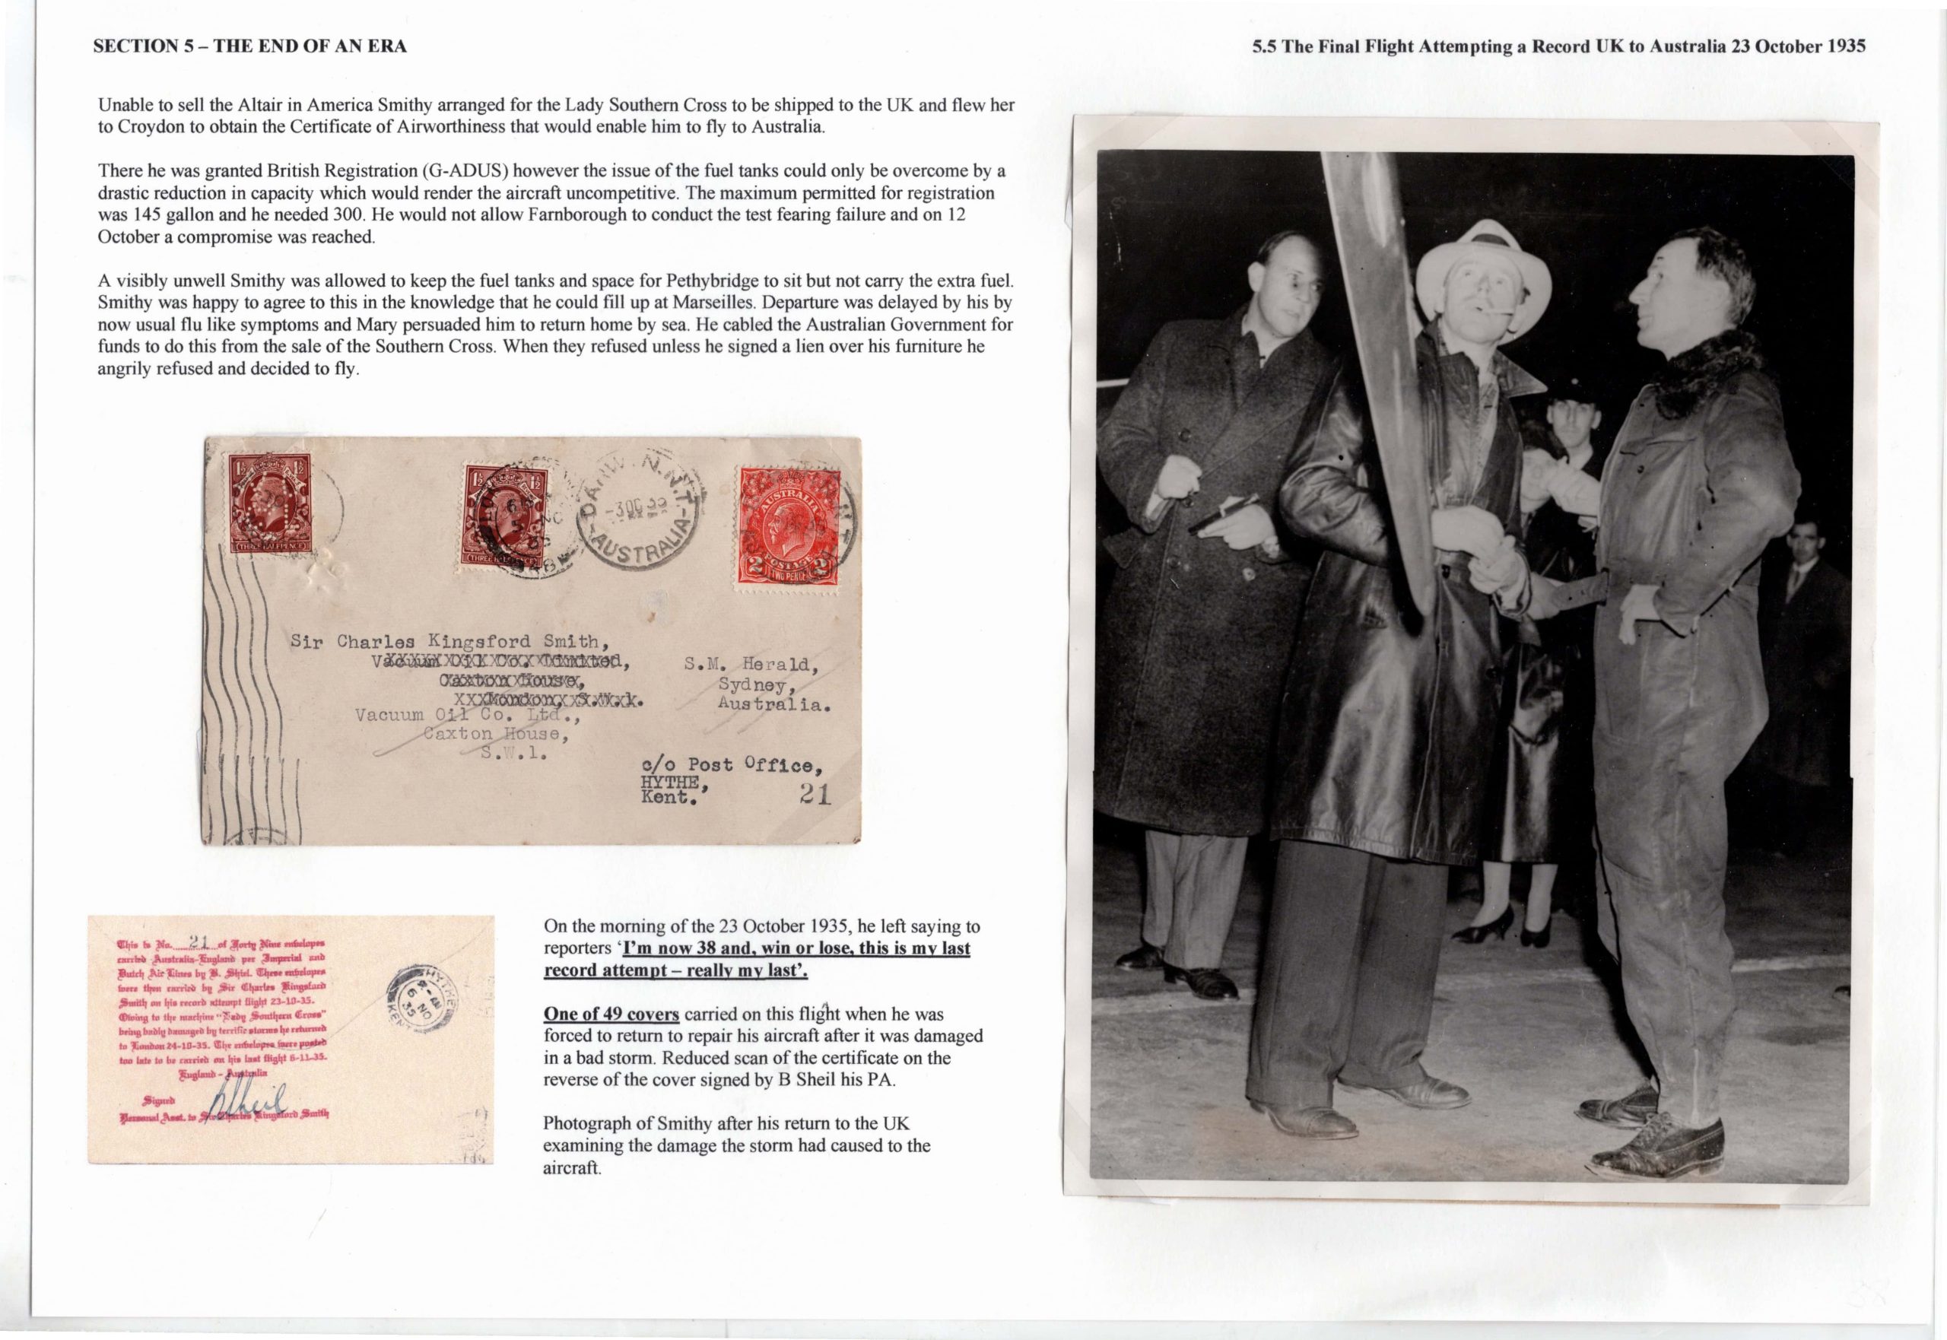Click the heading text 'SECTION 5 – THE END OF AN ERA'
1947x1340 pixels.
point(249,47)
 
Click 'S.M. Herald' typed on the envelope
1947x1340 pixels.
point(746,665)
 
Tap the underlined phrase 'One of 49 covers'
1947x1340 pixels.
point(611,1015)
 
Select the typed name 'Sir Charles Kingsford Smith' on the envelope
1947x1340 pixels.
point(444,641)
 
